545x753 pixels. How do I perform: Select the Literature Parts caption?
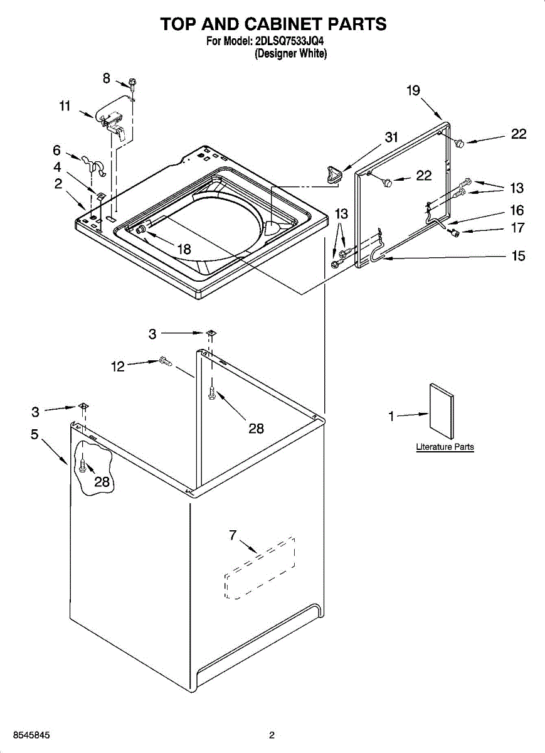pyautogui.click(x=445, y=447)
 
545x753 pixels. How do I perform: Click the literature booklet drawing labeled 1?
pyautogui.click(x=441, y=411)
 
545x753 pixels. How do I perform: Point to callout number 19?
pyautogui.click(x=413, y=90)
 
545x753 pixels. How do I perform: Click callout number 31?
pyautogui.click(x=391, y=137)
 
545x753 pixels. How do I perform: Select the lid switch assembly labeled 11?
pyautogui.click(x=111, y=119)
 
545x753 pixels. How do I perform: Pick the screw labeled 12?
pyautogui.click(x=166, y=361)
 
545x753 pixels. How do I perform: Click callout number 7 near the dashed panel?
pyautogui.click(x=233, y=535)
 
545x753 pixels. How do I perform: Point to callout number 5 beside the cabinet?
pyautogui.click(x=34, y=434)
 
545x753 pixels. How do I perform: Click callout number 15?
pyautogui.click(x=518, y=256)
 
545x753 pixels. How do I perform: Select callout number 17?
pyautogui.click(x=517, y=228)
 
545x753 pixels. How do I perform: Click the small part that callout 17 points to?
pyautogui.click(x=455, y=233)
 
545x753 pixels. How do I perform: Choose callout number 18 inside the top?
pyautogui.click(x=184, y=250)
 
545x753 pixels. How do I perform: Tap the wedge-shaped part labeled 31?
pyautogui.click(x=333, y=174)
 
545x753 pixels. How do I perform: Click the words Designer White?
pyautogui.click(x=290, y=53)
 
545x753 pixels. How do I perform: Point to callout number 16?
pyautogui.click(x=517, y=210)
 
